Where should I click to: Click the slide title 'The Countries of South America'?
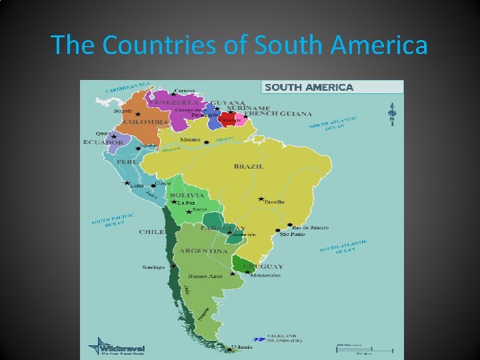(x=239, y=45)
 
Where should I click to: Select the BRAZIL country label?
(x=249, y=166)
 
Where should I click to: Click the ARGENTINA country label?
(x=203, y=251)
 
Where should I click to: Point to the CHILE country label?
(x=150, y=232)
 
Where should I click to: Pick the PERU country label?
(x=127, y=162)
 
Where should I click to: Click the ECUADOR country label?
(x=103, y=142)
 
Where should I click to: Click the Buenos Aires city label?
(x=205, y=276)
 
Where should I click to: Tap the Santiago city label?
(x=153, y=267)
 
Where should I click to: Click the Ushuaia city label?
(x=242, y=347)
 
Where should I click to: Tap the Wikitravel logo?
(x=111, y=347)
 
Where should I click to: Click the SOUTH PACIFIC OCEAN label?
(x=113, y=221)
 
